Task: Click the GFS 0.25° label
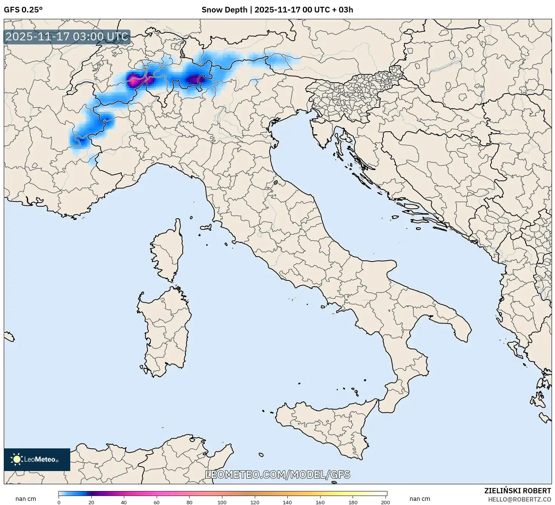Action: point(23,10)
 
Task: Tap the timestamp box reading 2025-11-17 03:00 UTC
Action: point(67,37)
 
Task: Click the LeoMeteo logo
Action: point(37,459)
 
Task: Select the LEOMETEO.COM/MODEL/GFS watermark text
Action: point(277,475)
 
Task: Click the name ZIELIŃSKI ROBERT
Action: point(517,491)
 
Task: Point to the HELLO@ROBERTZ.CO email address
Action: point(519,499)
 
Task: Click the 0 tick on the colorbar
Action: point(59,502)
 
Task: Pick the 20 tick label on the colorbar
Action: point(91,502)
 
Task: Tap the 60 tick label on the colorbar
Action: point(156,502)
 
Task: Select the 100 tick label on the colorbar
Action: point(222,502)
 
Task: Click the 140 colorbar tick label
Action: point(287,502)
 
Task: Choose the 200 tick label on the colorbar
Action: point(385,502)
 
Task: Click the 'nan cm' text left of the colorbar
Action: point(26,499)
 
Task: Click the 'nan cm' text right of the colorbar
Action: point(420,499)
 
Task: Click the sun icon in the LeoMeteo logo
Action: point(17,459)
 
